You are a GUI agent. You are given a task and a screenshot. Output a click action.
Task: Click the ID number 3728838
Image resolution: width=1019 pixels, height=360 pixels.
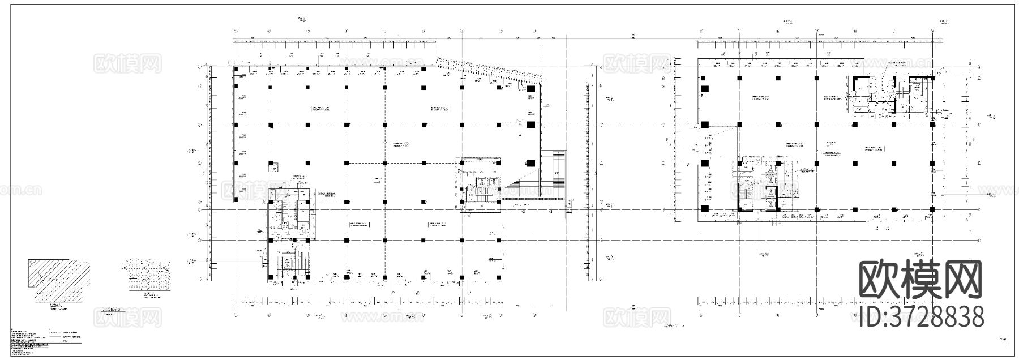coord(921,316)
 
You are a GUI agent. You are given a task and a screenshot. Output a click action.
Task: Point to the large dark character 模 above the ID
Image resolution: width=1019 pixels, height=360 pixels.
coord(921,279)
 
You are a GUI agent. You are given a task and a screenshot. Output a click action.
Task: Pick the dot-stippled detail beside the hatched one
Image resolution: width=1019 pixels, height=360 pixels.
coord(146,275)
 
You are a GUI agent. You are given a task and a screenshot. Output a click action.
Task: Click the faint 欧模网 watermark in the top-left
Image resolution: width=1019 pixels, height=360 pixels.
coord(127,63)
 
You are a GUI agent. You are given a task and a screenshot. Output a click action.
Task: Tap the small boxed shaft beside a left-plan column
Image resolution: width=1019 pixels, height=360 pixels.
coord(273,168)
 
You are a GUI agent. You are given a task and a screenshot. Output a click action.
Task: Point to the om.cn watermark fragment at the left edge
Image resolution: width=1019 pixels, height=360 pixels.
coord(20,190)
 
